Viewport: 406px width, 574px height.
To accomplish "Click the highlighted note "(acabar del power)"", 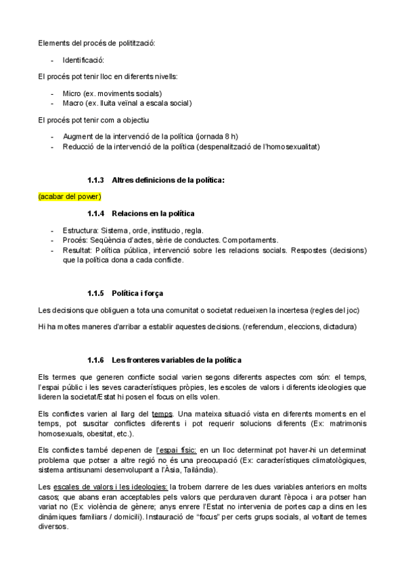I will pos(70,196).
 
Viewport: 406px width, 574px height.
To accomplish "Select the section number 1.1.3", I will pos(95,180).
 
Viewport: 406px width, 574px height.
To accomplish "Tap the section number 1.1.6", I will pos(95,359).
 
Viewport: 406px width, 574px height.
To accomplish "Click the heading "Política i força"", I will pos(137,293).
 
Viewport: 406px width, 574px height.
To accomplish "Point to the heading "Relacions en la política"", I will pos(153,213).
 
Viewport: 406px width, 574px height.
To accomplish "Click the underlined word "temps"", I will pos(162,414).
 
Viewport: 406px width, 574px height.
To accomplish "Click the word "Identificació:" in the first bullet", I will pos(83,60).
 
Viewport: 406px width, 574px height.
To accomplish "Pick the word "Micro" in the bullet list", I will pos(72,93).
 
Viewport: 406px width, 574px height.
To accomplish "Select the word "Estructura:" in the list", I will pos(81,230).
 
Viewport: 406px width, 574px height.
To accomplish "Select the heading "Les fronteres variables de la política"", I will pos(177,359).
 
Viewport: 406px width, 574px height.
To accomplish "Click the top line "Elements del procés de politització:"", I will pos(97,43).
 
